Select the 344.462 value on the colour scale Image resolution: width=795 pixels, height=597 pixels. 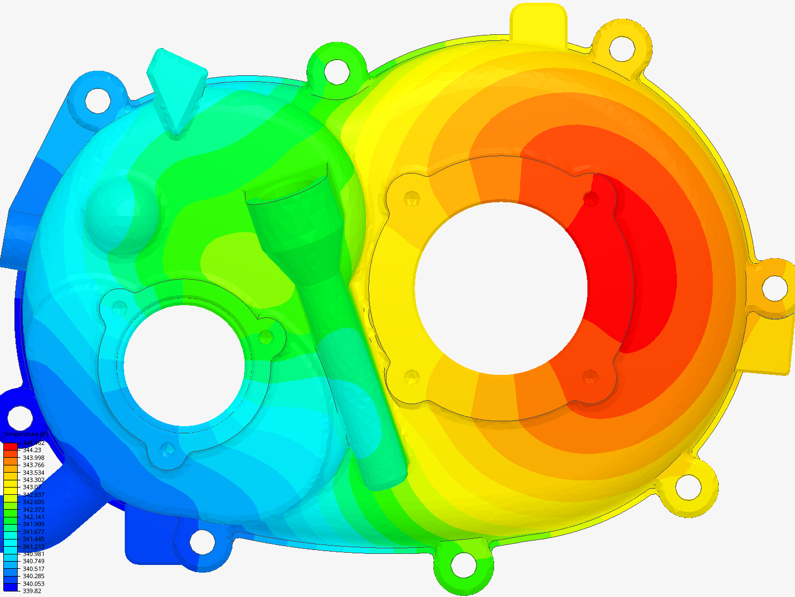click(33, 443)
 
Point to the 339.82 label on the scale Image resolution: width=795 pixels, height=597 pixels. click(31, 591)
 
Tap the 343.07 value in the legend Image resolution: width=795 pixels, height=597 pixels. click(31, 488)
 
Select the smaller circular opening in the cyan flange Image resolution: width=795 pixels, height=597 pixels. click(184, 365)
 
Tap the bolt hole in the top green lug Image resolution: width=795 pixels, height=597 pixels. click(336, 71)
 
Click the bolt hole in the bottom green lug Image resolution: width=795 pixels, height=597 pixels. click(463, 565)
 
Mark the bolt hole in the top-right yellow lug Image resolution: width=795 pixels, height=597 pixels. click(622, 48)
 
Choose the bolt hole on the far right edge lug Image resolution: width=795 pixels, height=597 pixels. click(775, 287)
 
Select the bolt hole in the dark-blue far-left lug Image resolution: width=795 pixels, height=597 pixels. click(20, 417)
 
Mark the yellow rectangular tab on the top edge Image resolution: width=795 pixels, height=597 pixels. click(538, 22)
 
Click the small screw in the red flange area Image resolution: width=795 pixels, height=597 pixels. click(591, 198)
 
